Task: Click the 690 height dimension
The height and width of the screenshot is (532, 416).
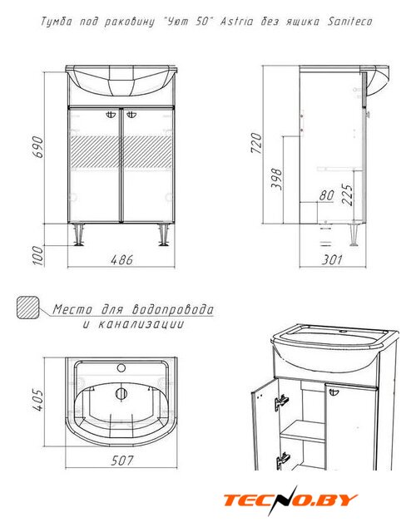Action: [x=38, y=147]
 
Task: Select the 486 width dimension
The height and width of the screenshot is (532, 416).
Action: [x=121, y=260]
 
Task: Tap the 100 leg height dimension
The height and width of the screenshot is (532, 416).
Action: [x=39, y=255]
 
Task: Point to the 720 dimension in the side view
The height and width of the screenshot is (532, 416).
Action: [x=257, y=143]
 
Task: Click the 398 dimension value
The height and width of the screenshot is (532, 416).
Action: [x=277, y=179]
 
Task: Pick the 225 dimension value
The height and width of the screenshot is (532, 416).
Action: [x=347, y=195]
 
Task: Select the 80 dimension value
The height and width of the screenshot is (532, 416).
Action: [x=327, y=195]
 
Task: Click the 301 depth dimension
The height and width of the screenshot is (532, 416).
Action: [x=332, y=260]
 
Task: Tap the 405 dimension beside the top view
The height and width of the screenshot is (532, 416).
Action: [x=37, y=401]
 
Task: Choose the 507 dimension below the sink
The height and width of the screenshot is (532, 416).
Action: [x=122, y=461]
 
